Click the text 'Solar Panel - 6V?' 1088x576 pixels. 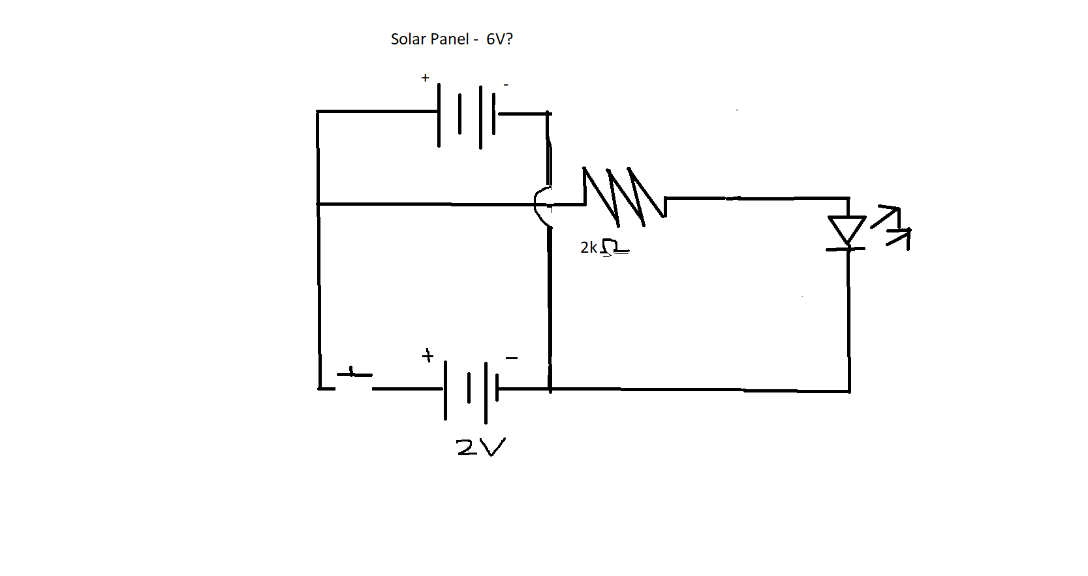click(452, 39)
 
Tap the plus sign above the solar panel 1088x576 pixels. click(426, 78)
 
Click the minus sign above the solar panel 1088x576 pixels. click(506, 85)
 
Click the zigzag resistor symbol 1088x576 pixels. click(624, 197)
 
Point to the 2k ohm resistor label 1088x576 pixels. click(605, 247)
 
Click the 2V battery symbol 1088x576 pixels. click(471, 391)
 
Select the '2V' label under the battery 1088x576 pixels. click(481, 447)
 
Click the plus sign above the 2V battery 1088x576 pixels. click(427, 356)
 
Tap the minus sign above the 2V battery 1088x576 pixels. click(512, 359)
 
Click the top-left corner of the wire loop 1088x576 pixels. click(318, 112)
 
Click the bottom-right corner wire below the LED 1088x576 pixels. click(849, 391)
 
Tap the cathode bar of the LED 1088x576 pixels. click(846, 249)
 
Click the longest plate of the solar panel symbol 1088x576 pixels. click(480, 117)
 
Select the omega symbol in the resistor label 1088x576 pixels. click(614, 247)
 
